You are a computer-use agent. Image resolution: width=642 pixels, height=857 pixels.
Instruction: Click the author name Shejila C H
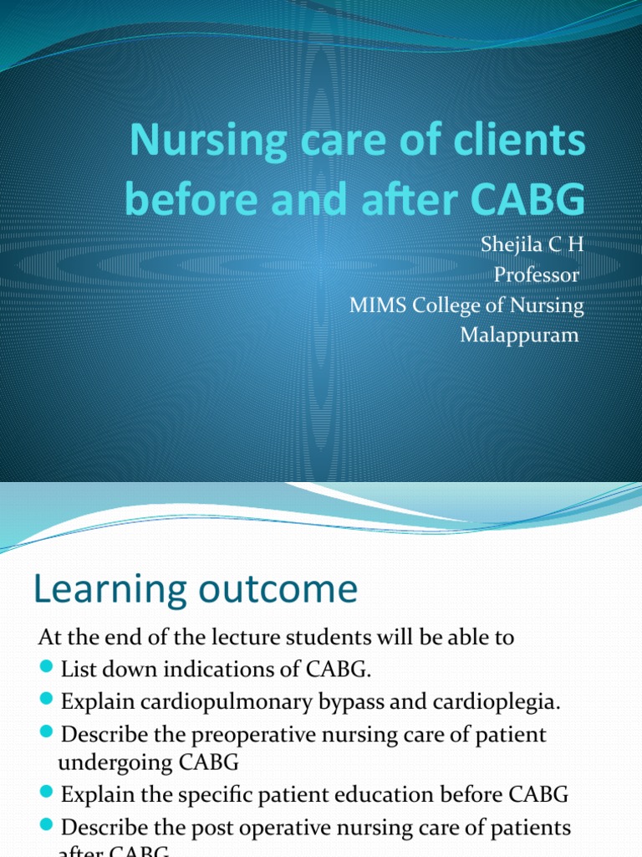[x=531, y=245]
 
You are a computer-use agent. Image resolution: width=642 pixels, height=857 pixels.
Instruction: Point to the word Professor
[x=537, y=275]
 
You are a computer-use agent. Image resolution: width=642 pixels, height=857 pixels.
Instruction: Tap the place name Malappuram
[x=520, y=336]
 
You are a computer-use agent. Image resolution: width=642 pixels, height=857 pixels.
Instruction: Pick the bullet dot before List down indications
[x=46, y=668]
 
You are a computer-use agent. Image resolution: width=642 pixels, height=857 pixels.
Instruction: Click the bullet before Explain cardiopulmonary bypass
[x=46, y=698]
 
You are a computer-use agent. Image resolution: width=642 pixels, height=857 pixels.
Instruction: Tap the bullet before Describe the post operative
[x=46, y=825]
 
